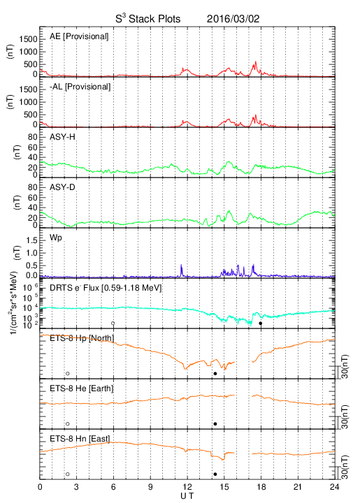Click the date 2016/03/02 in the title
233,19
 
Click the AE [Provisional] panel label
79,36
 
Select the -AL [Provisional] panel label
80,87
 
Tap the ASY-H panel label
62,137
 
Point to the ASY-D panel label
62,187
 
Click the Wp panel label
55,238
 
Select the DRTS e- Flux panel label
106,288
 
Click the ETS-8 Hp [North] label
82,338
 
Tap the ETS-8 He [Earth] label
82,388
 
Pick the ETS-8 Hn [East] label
80,439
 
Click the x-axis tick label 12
187,487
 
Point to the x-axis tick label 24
335,487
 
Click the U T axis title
187,496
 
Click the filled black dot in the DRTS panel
261,323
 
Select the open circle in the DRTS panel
113,323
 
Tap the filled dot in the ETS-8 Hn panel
215,474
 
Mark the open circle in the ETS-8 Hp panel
68,373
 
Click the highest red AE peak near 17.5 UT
256,61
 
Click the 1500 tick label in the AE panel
28,39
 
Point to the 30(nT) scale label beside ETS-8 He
345,417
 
